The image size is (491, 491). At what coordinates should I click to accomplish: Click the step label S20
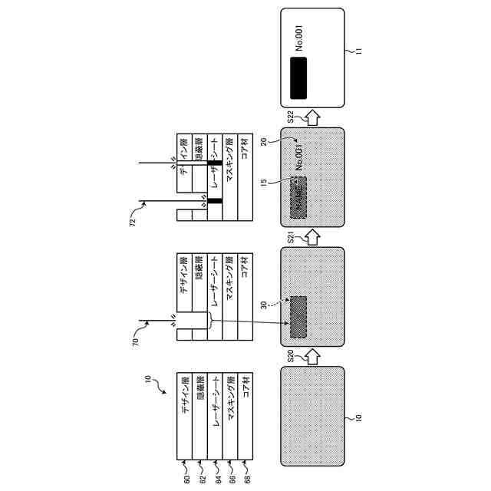coord(292,357)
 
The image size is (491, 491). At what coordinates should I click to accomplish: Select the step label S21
coord(292,237)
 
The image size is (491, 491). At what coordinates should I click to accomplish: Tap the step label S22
coord(292,117)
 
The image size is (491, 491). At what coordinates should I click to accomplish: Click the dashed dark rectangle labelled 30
coord(298,314)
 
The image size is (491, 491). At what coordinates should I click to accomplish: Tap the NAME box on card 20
coord(298,190)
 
